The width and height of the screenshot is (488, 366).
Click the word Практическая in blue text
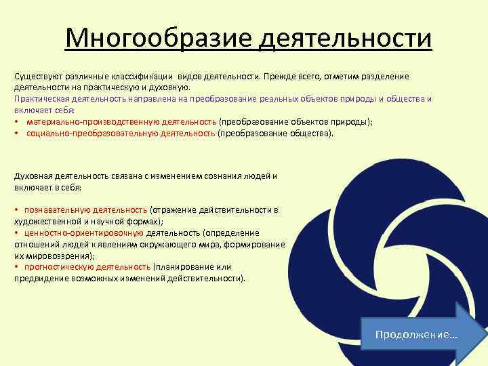tap(41, 99)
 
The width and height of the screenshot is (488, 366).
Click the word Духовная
tap(34, 176)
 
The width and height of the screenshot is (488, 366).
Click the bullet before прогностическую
tap(16, 267)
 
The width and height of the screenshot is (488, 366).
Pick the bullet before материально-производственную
tap(16, 121)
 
